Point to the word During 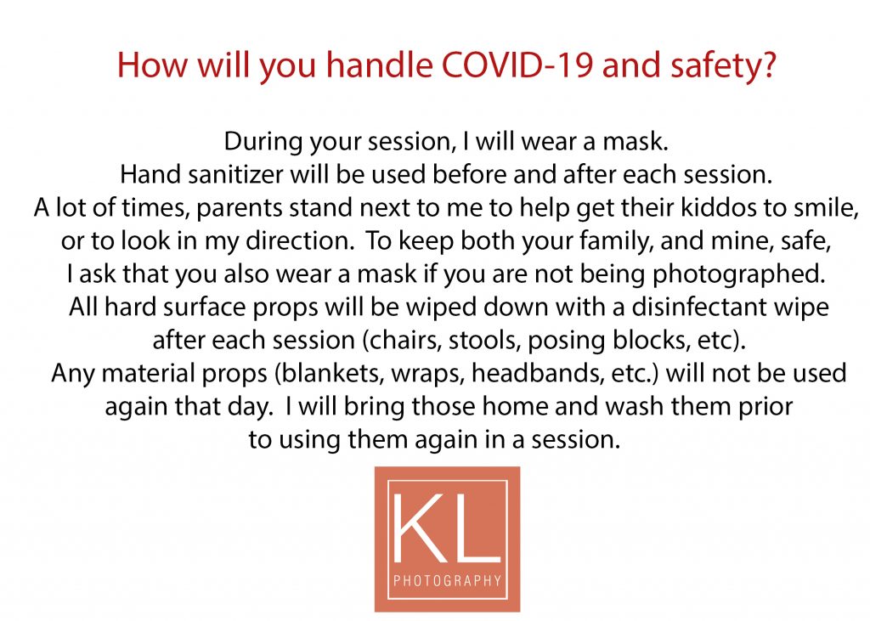point(263,142)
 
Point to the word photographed point(738,274)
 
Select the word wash point(634,406)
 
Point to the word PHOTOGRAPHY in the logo point(447,581)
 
